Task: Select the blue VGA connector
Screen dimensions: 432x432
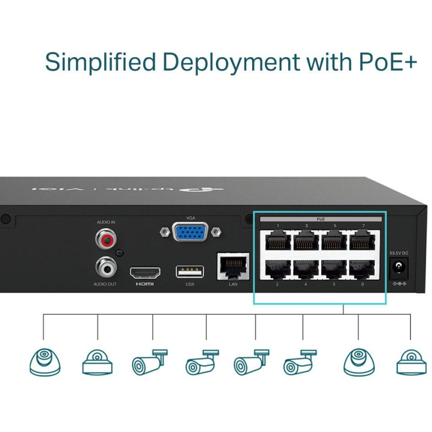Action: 191,232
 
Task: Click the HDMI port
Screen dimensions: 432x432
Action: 145,271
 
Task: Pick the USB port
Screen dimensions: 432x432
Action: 190,271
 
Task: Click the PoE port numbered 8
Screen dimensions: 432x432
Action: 363,268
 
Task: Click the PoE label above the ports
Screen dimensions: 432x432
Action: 321,219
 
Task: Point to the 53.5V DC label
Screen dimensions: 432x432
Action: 399,252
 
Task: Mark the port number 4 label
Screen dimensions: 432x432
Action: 306,283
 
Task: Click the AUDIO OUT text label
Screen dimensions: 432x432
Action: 106,284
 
